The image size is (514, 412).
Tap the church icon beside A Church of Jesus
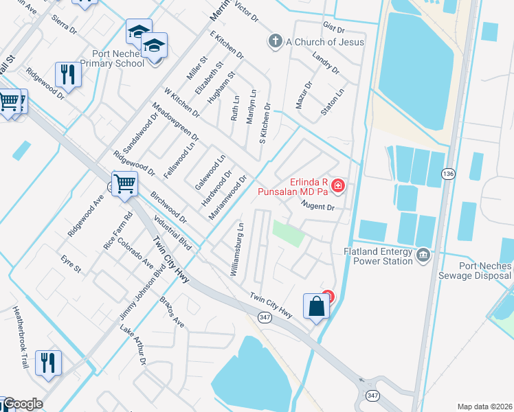[276, 41]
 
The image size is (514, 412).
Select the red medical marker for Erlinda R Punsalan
[337, 185]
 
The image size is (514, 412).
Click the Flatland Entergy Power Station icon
[423, 255]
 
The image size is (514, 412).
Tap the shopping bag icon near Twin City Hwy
[317, 306]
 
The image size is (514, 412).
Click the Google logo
[22, 404]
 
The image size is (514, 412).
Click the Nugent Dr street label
[317, 207]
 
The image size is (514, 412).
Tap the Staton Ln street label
[332, 101]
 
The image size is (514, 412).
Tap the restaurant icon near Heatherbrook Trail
[49, 362]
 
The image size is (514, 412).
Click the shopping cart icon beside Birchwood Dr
[124, 183]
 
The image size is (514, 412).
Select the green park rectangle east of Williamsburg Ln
[288, 233]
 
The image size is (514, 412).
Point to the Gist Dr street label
[333, 28]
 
